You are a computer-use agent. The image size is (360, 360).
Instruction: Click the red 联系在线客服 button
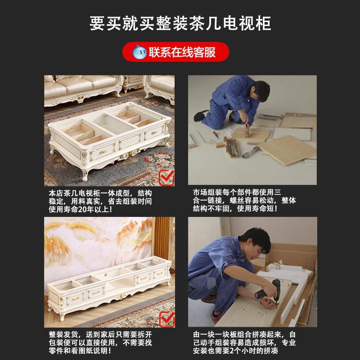[x=175, y=52]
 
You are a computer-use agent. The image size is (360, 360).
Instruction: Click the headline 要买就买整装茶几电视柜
[x=180, y=23]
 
